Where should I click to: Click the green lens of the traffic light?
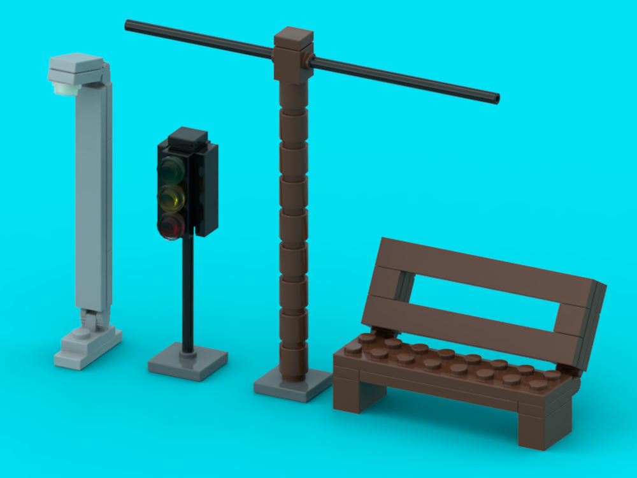click(170, 170)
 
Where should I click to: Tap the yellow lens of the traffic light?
click(172, 197)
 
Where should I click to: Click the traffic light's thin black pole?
click(187, 293)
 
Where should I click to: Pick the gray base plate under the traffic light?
click(188, 365)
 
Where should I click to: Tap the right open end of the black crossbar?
click(496, 99)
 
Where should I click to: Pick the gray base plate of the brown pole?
click(292, 386)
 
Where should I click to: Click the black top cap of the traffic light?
click(188, 136)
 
